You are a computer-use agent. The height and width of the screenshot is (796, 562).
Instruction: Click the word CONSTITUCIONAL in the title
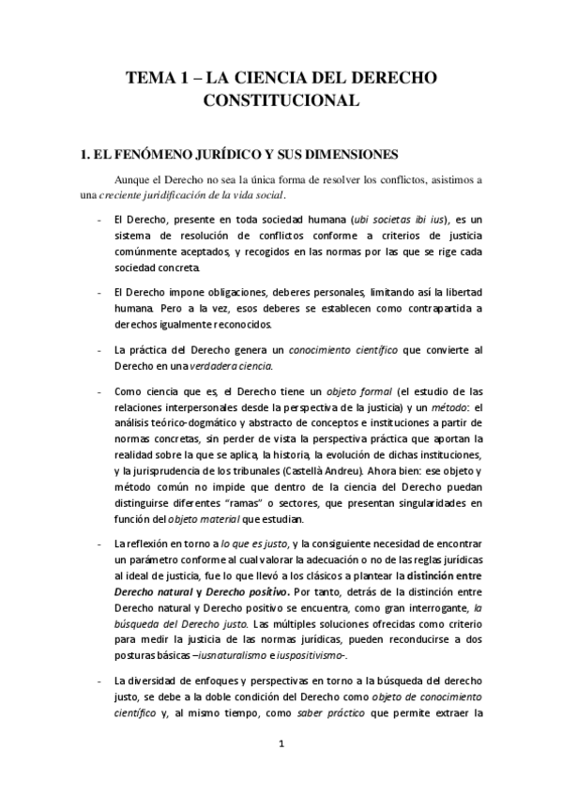(x=281, y=99)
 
